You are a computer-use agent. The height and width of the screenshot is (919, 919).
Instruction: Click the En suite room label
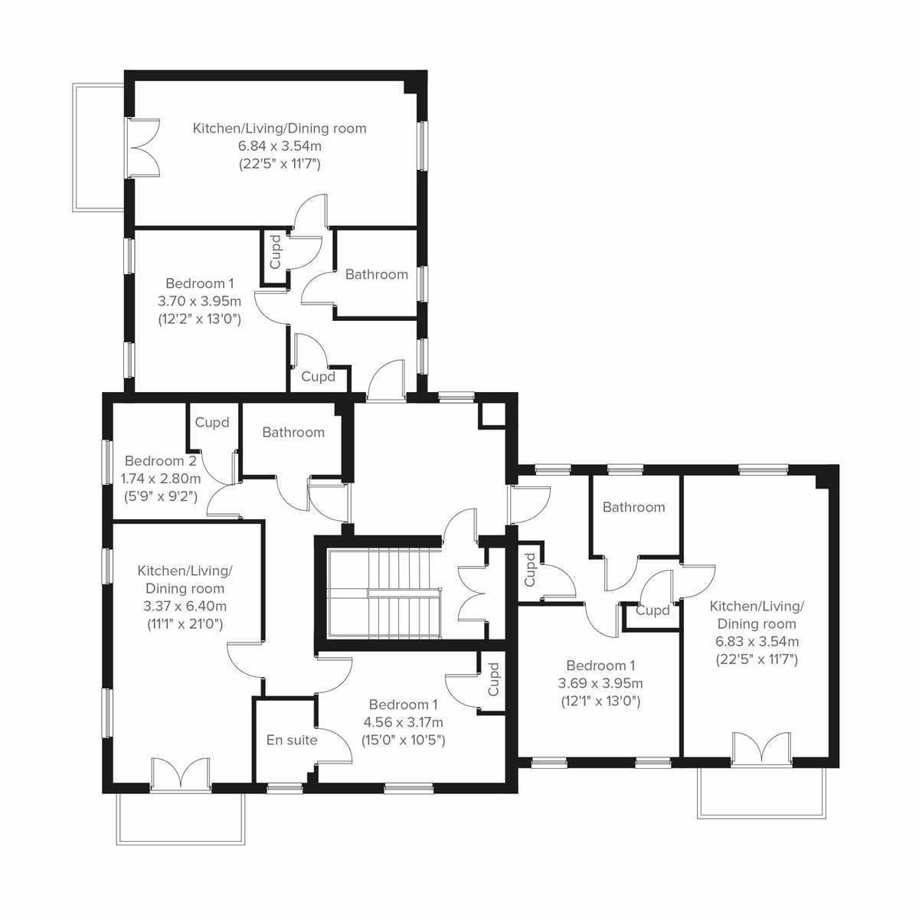[x=291, y=741]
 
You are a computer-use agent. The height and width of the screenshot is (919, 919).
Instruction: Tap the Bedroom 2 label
[x=161, y=461]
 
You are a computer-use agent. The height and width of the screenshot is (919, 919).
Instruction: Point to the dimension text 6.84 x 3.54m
[x=279, y=146]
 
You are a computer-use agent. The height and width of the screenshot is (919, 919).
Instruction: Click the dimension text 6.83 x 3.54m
[x=757, y=641]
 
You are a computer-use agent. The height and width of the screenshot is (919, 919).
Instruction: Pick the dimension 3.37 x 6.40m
[x=185, y=606]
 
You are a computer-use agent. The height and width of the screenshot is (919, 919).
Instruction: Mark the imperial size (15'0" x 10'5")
[x=404, y=740]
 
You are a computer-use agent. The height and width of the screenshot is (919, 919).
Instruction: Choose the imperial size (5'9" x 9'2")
[x=161, y=495]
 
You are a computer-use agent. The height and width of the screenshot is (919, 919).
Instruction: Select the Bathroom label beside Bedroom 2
[x=293, y=433]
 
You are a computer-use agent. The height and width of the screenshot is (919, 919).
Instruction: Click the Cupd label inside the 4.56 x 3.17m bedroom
[x=493, y=679]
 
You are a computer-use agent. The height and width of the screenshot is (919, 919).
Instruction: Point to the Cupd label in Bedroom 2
[x=212, y=423]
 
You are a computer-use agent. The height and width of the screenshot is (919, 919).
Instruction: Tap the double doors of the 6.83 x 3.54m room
[x=760, y=748]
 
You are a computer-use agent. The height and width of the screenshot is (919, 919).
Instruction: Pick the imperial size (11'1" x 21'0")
[x=185, y=623]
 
